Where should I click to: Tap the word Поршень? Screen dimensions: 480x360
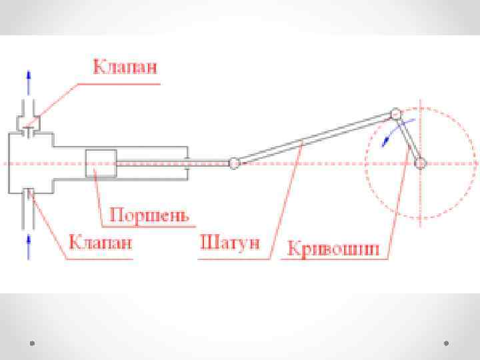pyautogui.click(x=149, y=215)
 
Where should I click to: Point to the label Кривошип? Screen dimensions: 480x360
pyautogui.click(x=333, y=249)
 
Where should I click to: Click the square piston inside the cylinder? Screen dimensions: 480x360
pyautogui.click(x=101, y=163)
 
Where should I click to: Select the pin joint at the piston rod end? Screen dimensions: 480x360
pyautogui.click(x=234, y=163)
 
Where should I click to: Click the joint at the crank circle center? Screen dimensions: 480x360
pyautogui.click(x=420, y=163)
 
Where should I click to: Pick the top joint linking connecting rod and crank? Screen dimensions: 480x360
pyautogui.click(x=395, y=115)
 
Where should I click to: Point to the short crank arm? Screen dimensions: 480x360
pyautogui.click(x=408, y=139)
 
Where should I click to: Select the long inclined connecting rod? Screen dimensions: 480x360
pyautogui.click(x=313, y=138)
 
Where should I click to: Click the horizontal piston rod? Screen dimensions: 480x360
pyautogui.click(x=173, y=162)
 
